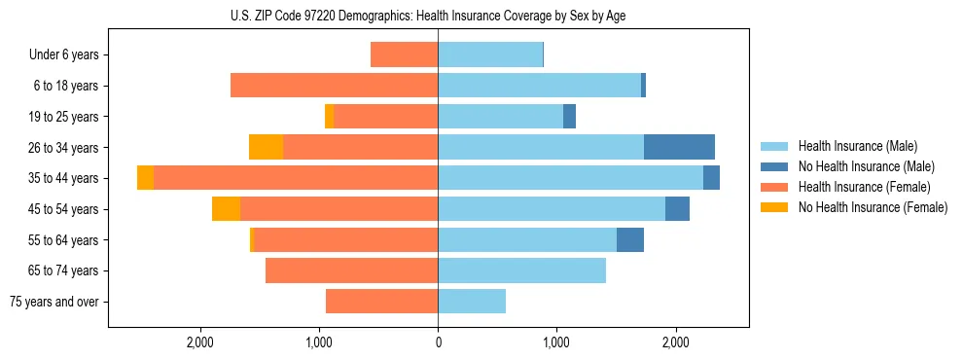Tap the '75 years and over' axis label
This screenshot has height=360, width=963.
pos(54,302)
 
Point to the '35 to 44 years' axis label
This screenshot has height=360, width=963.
pos(64,178)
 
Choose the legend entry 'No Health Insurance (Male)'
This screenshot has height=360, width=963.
pos(866,166)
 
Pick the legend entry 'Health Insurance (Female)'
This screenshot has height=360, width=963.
pos(864,187)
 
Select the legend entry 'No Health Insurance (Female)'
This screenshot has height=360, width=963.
pos(873,207)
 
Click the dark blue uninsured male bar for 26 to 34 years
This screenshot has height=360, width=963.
pos(679,147)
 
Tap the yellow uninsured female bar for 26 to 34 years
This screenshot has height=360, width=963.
pos(266,147)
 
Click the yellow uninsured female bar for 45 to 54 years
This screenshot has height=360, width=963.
pos(226,209)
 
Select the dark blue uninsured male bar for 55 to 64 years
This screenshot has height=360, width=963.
pos(630,239)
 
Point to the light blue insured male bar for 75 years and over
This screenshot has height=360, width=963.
pos(472,302)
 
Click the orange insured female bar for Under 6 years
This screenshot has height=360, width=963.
pos(404,54)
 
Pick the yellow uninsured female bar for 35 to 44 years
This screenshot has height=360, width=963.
pos(145,178)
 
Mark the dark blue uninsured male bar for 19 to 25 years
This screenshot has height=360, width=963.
pos(569,117)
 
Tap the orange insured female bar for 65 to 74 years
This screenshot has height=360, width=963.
pos(351,270)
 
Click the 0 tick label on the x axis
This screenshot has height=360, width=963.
pos(438,342)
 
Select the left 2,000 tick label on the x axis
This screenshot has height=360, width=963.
pos(200,342)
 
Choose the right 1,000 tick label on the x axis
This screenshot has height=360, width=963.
pos(556,342)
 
